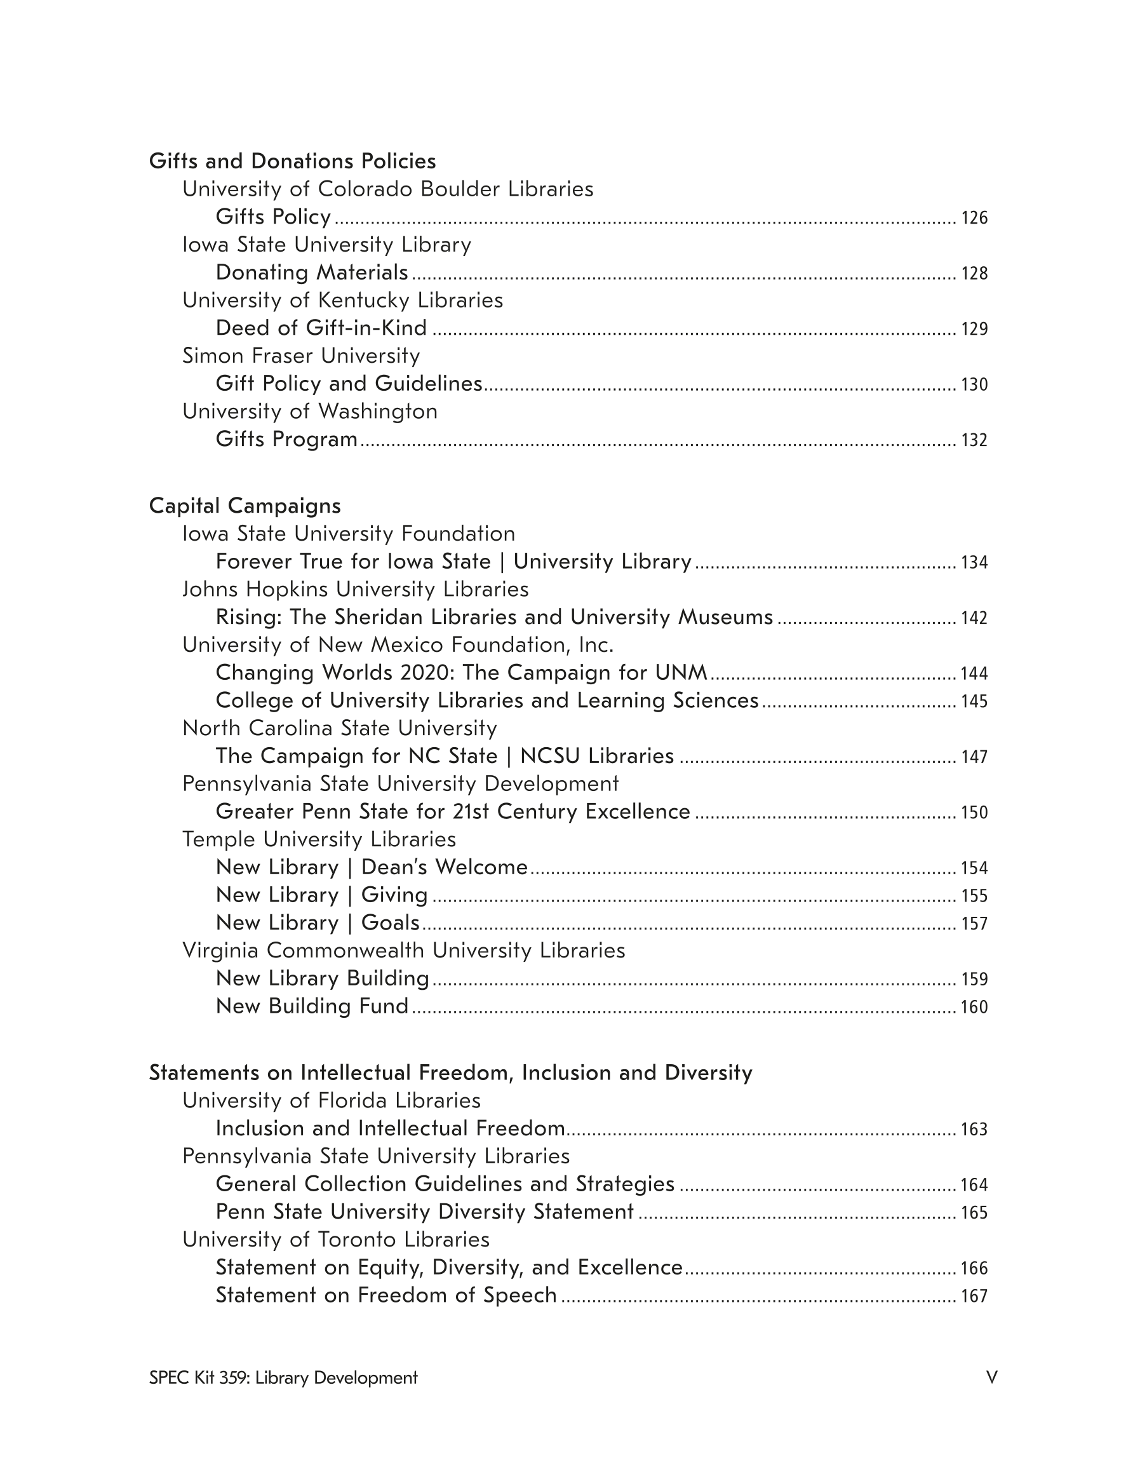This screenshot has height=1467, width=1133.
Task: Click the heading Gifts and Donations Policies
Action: point(292,161)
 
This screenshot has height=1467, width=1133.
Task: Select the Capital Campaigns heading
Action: point(245,505)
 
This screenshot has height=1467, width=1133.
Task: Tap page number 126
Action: point(974,218)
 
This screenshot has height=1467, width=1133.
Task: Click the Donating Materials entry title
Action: point(312,272)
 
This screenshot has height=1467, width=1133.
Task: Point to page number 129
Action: point(974,328)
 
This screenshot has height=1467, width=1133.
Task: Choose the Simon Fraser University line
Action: point(301,355)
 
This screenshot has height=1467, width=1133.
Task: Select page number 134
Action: point(974,562)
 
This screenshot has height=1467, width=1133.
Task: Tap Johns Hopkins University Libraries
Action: point(355,589)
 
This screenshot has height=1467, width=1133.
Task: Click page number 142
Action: point(974,618)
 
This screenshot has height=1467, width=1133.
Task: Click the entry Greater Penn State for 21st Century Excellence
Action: point(453,811)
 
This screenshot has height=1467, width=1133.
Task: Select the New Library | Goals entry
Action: point(318,923)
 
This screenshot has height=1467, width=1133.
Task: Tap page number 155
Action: point(974,895)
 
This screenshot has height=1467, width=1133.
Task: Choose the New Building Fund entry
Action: point(312,1006)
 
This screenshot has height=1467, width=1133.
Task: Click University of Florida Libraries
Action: point(331,1101)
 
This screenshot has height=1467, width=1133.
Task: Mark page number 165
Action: point(974,1212)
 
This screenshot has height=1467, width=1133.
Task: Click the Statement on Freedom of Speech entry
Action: point(385,1295)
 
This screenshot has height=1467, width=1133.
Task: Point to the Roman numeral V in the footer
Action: point(991,1377)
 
